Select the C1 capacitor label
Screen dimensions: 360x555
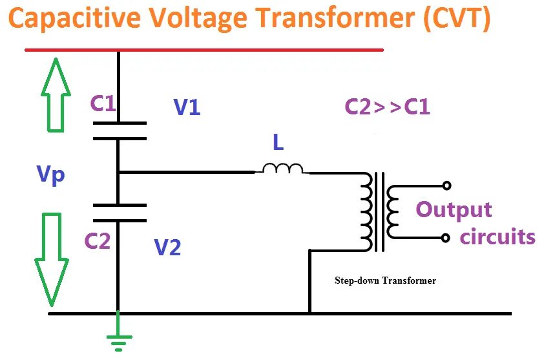(x=103, y=103)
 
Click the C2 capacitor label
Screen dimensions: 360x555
(x=98, y=241)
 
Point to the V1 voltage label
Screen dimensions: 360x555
(x=187, y=107)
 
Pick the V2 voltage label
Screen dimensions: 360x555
(x=167, y=246)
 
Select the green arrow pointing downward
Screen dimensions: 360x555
(x=51, y=259)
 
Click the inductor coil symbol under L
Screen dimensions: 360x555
(x=282, y=169)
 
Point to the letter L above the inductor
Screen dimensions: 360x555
(x=278, y=143)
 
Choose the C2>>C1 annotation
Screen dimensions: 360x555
(x=387, y=106)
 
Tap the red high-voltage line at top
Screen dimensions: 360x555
(x=204, y=50)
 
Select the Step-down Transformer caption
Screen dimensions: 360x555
(x=385, y=281)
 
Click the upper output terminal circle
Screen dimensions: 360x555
(x=446, y=186)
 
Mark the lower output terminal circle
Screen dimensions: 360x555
(x=446, y=238)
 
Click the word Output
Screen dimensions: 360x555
(x=454, y=211)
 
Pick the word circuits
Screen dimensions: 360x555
(x=497, y=237)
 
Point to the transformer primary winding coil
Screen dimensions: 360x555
(x=366, y=210)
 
